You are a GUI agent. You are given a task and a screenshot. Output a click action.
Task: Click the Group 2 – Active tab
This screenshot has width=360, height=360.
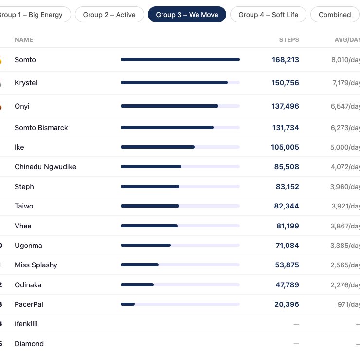coord(109,15)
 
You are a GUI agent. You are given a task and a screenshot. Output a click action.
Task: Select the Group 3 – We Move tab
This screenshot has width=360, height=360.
coord(187,15)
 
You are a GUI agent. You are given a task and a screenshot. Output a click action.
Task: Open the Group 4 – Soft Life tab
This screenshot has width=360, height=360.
coord(268,15)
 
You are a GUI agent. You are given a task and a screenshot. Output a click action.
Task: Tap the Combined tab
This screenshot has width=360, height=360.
coord(335,15)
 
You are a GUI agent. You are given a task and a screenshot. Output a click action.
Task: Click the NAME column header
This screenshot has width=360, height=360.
coord(24,40)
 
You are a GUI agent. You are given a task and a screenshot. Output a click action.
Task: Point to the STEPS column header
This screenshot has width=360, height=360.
coord(289,40)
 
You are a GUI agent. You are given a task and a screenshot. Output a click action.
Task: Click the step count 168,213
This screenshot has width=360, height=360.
coord(286,60)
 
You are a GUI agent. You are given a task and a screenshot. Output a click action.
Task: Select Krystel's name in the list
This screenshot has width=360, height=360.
coord(26,83)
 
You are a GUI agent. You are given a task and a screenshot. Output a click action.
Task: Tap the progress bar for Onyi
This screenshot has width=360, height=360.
coord(180,106)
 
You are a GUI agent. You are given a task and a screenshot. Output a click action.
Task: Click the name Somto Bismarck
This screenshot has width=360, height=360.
coord(41,128)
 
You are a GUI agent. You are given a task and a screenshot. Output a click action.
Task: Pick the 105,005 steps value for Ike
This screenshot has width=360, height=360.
coord(285,147)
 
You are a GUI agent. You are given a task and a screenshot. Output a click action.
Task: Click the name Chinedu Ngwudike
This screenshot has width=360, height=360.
coord(45,167)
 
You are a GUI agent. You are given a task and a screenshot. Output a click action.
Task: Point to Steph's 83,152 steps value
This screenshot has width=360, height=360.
coord(288,187)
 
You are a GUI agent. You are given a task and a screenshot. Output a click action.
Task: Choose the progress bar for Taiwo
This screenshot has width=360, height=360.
coord(180,206)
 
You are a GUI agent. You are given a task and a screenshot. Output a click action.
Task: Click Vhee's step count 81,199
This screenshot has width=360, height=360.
coord(288,226)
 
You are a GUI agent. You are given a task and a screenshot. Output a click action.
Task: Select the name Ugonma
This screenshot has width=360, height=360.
coord(28,246)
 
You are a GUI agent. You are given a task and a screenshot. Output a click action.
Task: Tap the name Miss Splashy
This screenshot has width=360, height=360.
coord(36,265)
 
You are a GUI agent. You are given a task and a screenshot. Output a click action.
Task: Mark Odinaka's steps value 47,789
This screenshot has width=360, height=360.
coord(287,285)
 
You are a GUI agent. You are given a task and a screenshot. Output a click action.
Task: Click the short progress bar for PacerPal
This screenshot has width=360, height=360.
coord(127,304)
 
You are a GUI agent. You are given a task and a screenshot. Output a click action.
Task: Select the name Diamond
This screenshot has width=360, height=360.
coord(29,344)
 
